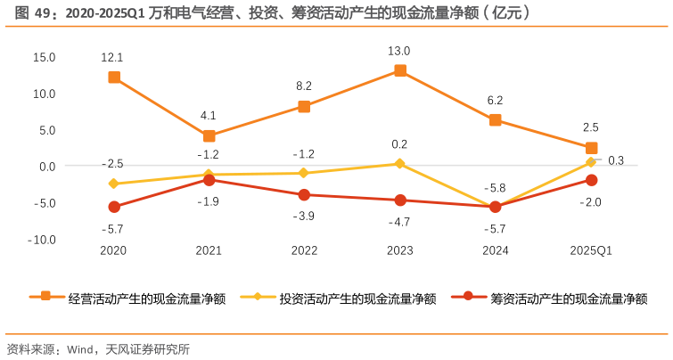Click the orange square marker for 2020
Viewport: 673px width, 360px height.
click(114, 78)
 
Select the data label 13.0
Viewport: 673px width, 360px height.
click(400, 51)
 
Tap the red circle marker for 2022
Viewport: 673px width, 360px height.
click(305, 195)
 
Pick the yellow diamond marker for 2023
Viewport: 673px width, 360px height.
click(400, 164)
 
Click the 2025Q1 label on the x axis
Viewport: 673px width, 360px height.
click(591, 251)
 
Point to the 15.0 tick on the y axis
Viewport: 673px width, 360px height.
click(44, 57)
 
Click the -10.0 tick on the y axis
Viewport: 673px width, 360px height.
click(42, 240)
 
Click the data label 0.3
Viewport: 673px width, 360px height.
click(616, 160)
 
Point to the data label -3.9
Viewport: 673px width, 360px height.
click(305, 217)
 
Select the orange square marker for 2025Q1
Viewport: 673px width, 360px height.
click(591, 148)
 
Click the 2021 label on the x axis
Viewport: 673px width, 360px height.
click(209, 251)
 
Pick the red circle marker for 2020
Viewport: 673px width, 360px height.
click(114, 207)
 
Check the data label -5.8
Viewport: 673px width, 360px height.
click(495, 188)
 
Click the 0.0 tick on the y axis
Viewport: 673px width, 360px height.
click(45, 167)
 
